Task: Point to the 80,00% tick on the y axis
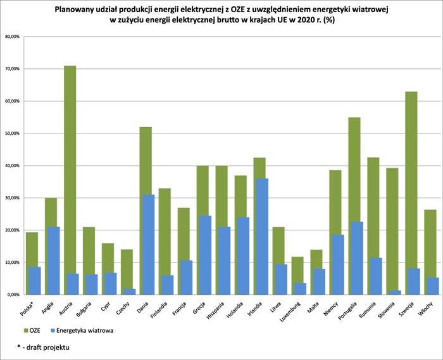point(13,36)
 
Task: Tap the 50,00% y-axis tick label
point(13,133)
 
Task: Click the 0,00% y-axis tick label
point(13,295)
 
